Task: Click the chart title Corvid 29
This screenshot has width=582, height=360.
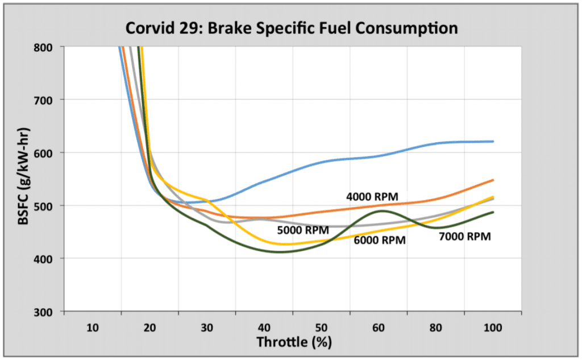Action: coord(291,27)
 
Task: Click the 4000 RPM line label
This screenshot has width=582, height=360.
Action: coord(372,197)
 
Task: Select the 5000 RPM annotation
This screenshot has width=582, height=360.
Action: coord(303,230)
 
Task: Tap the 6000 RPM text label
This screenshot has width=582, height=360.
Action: coord(380,240)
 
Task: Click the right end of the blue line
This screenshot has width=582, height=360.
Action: coord(492,141)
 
